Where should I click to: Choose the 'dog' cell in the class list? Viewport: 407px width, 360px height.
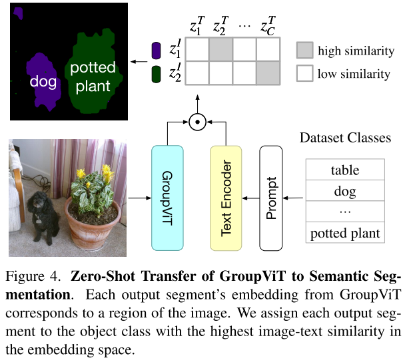click(x=345, y=192)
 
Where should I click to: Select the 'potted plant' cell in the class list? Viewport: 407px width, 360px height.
click(x=345, y=233)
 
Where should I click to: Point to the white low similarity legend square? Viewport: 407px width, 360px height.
click(x=304, y=73)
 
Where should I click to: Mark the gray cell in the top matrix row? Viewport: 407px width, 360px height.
click(x=220, y=51)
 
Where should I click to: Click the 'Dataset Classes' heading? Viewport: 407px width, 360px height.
click(x=345, y=138)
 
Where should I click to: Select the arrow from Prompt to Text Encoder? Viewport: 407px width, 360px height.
click(x=250, y=198)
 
